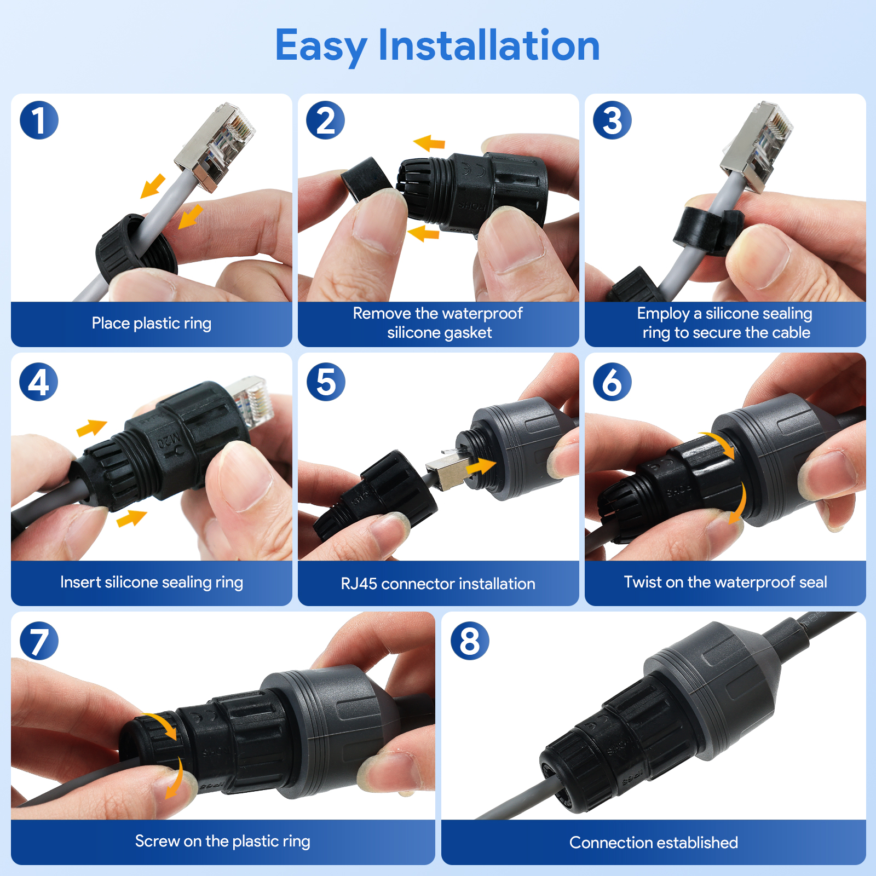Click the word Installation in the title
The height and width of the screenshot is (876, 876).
point(489,45)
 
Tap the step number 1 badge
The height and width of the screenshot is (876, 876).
point(39,120)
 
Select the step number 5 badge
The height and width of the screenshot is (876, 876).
point(326,382)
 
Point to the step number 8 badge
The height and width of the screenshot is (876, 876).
point(470,641)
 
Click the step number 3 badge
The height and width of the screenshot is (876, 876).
point(612,120)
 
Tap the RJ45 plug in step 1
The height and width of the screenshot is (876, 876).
point(215,147)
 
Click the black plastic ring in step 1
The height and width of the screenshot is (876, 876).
point(136,250)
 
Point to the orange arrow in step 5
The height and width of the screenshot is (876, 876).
point(480,467)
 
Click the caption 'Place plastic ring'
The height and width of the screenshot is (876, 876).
point(151,324)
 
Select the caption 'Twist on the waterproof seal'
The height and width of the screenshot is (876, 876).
point(725,582)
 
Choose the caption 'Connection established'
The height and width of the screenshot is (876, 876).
point(654,843)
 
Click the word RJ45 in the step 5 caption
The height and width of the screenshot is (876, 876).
point(359,584)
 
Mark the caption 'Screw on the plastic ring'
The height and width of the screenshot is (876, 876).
point(223,841)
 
